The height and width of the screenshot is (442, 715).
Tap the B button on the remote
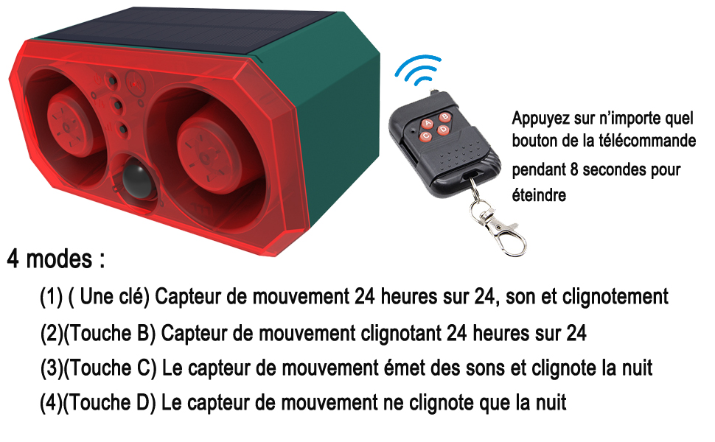pyautogui.click(x=444, y=117)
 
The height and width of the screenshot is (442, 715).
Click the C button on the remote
pyautogui.click(x=426, y=136)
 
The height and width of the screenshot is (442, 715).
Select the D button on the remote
pyautogui.click(x=443, y=130)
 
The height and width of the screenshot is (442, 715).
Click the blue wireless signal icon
pyautogui.click(x=419, y=70)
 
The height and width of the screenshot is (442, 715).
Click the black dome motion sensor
pyautogui.click(x=138, y=179)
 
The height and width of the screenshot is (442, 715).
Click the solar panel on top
pyautogui.click(x=182, y=29)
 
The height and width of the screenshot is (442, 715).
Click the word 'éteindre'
pyautogui.click(x=539, y=195)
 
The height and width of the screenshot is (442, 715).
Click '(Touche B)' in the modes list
pyautogui.click(x=109, y=334)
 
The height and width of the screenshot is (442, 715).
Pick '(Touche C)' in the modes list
pyautogui.click(x=111, y=368)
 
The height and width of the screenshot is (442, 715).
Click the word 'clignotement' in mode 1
pyautogui.click(x=615, y=297)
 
